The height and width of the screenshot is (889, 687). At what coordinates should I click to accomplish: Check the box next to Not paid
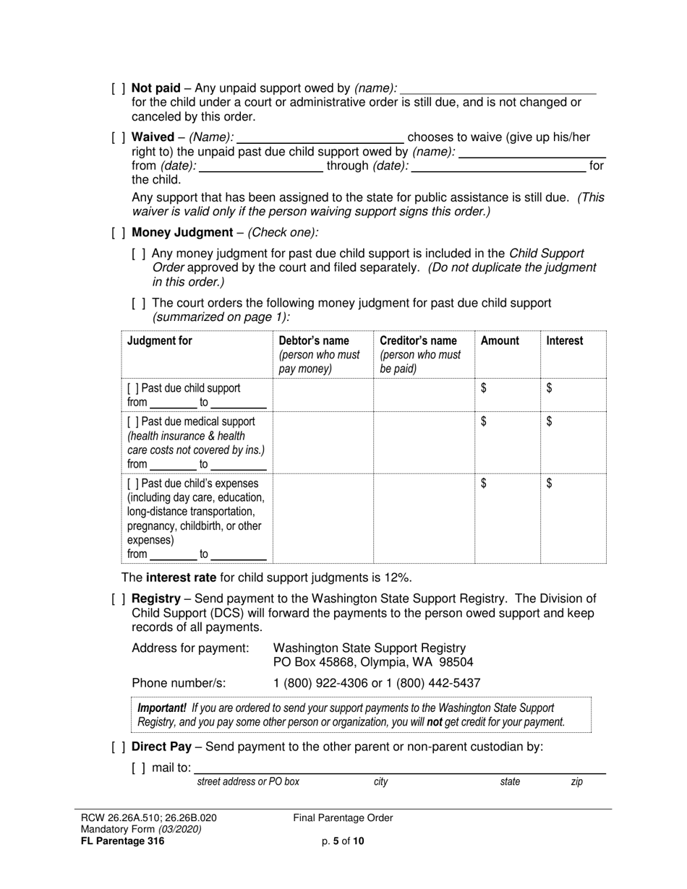coord(119,88)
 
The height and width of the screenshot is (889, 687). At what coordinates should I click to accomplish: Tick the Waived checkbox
coord(119,137)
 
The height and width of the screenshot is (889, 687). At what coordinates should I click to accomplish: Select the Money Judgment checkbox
coord(119,233)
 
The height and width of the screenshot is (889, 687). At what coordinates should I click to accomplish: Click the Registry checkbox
coord(119,598)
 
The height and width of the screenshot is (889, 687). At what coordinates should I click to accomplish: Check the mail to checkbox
coord(139,768)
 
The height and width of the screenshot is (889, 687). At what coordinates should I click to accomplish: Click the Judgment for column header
coord(160,341)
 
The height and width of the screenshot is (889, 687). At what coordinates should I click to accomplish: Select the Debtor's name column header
coord(314,341)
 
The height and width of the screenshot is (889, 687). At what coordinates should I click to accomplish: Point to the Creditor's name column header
coord(418,341)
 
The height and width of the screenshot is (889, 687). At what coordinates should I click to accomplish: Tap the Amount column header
coord(500,341)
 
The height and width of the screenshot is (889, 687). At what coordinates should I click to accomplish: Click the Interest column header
coord(564,341)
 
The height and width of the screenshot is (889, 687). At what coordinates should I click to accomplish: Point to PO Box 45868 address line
coord(372,662)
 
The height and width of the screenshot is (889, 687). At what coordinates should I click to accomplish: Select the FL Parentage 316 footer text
coord(123,841)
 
